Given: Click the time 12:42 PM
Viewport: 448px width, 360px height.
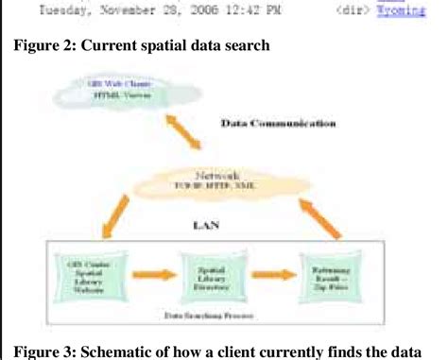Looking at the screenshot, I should pos(242,11).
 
